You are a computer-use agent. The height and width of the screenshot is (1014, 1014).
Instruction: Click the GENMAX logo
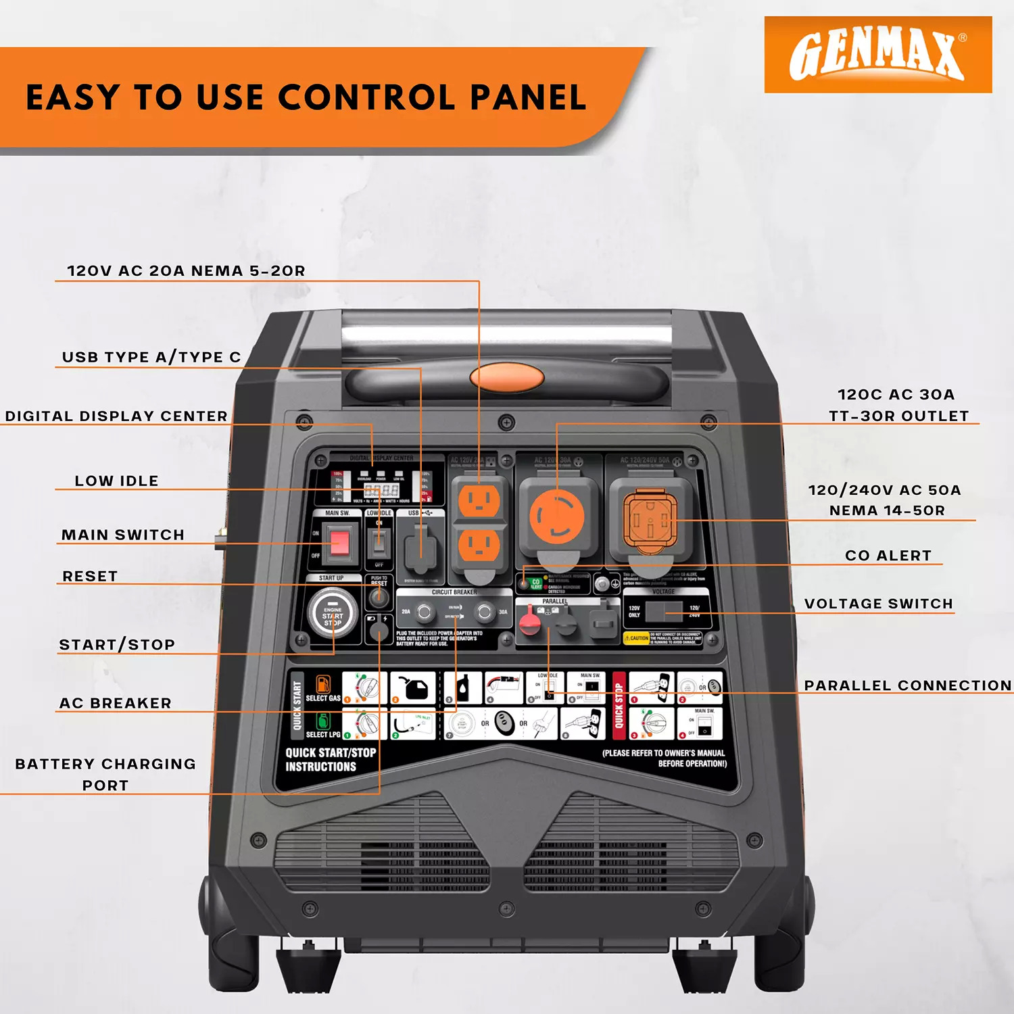(877, 55)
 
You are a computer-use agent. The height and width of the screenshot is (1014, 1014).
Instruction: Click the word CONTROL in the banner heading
(366, 97)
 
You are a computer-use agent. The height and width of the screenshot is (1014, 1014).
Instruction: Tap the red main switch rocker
(339, 543)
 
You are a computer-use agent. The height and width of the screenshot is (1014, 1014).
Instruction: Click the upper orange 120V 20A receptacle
(479, 502)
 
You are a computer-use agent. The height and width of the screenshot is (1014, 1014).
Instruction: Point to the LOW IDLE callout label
(116, 481)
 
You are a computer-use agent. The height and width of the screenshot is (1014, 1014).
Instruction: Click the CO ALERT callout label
(888, 556)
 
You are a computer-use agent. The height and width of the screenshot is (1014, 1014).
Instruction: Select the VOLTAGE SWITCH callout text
(878, 604)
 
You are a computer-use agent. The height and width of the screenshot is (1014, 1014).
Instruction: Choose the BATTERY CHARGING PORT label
(105, 774)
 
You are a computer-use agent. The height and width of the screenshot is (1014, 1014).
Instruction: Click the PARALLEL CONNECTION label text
(907, 685)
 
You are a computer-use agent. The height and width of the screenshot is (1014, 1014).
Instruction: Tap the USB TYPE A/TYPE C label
(151, 357)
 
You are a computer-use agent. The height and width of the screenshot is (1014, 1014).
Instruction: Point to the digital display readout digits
(381, 490)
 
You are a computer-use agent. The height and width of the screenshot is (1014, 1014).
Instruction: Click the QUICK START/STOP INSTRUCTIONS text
(331, 760)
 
